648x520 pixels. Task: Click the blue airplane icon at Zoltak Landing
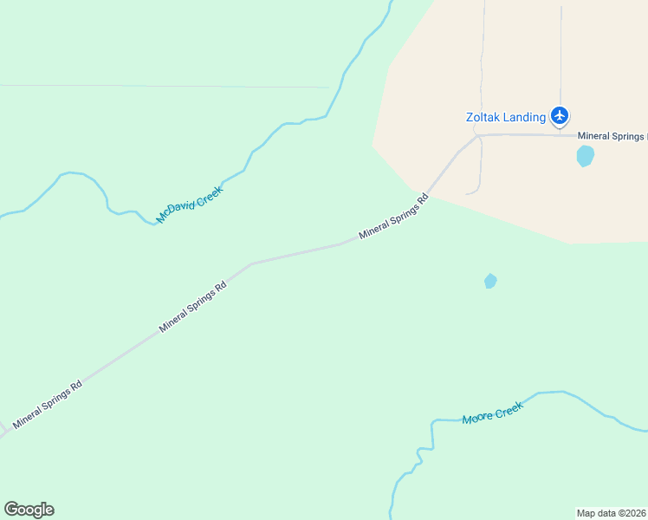(560, 115)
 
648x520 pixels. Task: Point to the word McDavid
(175, 209)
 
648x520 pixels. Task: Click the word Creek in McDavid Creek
(210, 194)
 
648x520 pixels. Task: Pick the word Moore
(476, 418)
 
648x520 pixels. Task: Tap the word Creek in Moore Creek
(509, 408)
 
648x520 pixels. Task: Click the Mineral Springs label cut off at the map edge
(612, 136)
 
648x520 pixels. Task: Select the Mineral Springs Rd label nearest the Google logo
(48, 403)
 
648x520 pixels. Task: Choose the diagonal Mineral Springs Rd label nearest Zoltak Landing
(394, 216)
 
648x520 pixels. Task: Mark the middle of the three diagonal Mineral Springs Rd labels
(192, 306)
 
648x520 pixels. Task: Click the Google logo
(29, 510)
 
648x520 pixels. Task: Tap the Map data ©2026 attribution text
(612, 512)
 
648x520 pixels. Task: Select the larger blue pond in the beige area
(586, 156)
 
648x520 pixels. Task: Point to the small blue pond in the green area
(490, 281)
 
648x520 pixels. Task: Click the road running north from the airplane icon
(561, 52)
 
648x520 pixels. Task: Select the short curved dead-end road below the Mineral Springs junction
(479, 173)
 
